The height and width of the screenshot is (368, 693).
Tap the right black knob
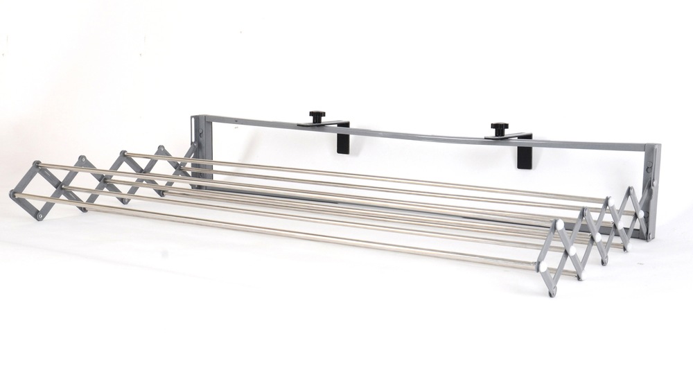click(x=499, y=128)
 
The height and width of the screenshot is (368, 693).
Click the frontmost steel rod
click(x=277, y=229)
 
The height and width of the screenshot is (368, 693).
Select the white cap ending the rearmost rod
click(x=611, y=201)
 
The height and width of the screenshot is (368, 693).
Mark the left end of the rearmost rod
click(x=125, y=153)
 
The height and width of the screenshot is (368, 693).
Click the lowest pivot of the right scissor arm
click(x=552, y=292)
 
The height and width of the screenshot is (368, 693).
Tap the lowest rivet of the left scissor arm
click(x=40, y=216)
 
